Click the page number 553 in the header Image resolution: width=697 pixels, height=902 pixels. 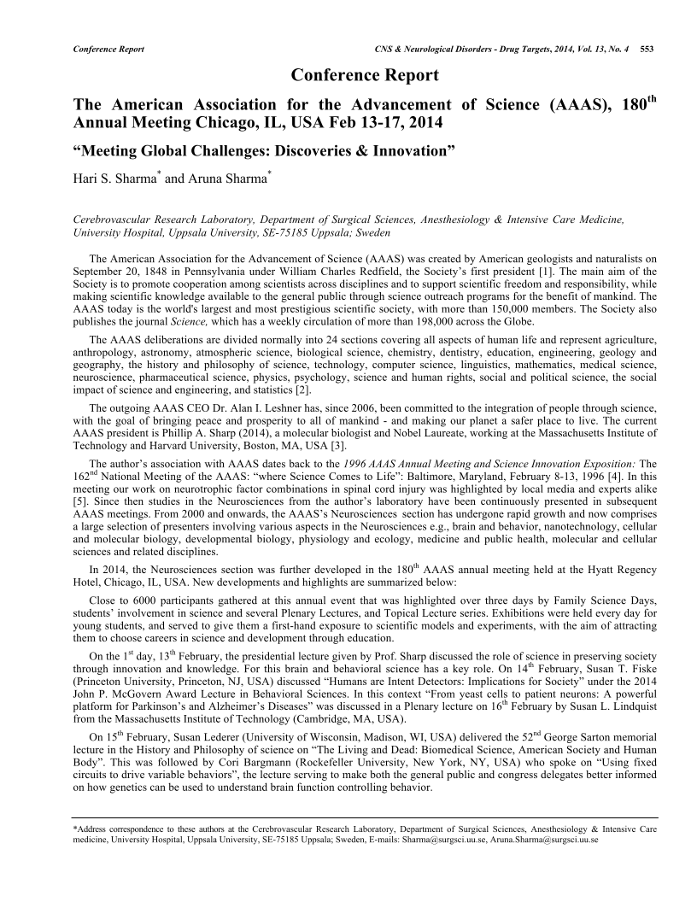pyautogui.click(x=647, y=49)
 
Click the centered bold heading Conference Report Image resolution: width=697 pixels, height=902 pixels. pyautogui.click(x=366, y=75)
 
